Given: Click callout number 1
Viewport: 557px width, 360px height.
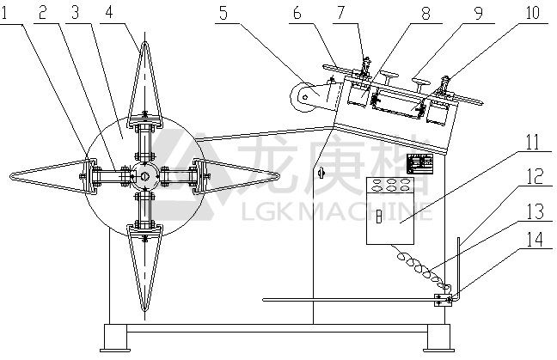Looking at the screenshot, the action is pos(4,13).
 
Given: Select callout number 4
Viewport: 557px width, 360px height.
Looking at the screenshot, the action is pos(109,12).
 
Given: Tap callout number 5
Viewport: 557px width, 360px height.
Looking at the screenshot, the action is pos(223,13).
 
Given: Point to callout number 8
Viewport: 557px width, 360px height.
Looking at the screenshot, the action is pos(425,13).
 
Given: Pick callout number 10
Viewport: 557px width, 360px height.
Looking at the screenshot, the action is pos(532,12).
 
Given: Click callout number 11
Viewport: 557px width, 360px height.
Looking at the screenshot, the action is pos(531,142).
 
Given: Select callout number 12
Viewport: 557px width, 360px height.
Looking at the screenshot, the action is pos(535,176).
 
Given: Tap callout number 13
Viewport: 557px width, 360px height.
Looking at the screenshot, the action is pos(535,211).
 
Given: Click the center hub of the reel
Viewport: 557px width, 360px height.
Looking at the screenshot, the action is pos(144,176).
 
